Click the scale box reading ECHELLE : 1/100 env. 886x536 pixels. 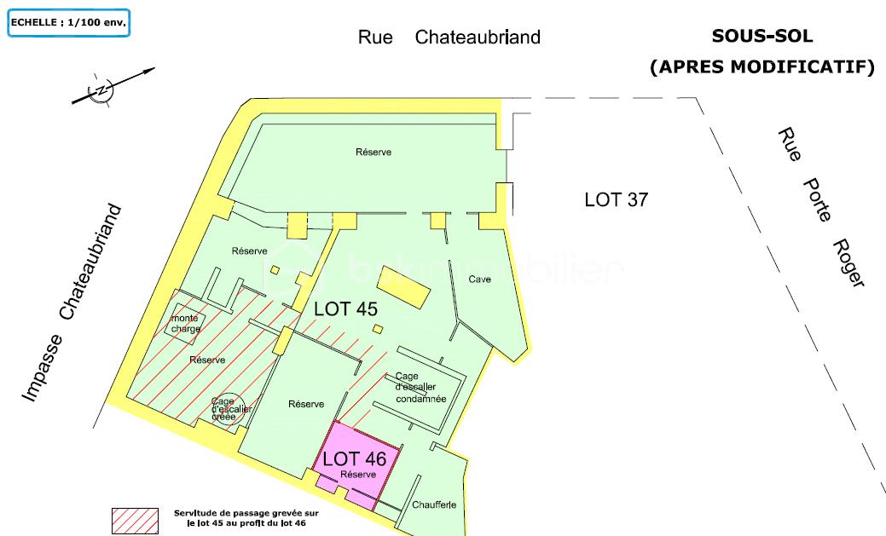pos(69,23)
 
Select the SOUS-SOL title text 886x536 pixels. pos(762,37)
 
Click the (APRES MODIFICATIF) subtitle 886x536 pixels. pos(762,66)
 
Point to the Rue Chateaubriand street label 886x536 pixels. pos(449,37)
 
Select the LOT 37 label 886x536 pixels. pos(617,200)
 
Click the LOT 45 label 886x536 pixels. pos(345,309)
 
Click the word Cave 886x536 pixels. pos(480,280)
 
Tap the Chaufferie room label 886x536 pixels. pos(434,504)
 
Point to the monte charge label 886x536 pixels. pos(185,323)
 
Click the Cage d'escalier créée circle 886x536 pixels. pos(225,408)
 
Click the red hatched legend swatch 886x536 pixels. pos(136,520)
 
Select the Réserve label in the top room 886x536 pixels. pos(374,152)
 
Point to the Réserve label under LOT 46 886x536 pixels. pos(358,474)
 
